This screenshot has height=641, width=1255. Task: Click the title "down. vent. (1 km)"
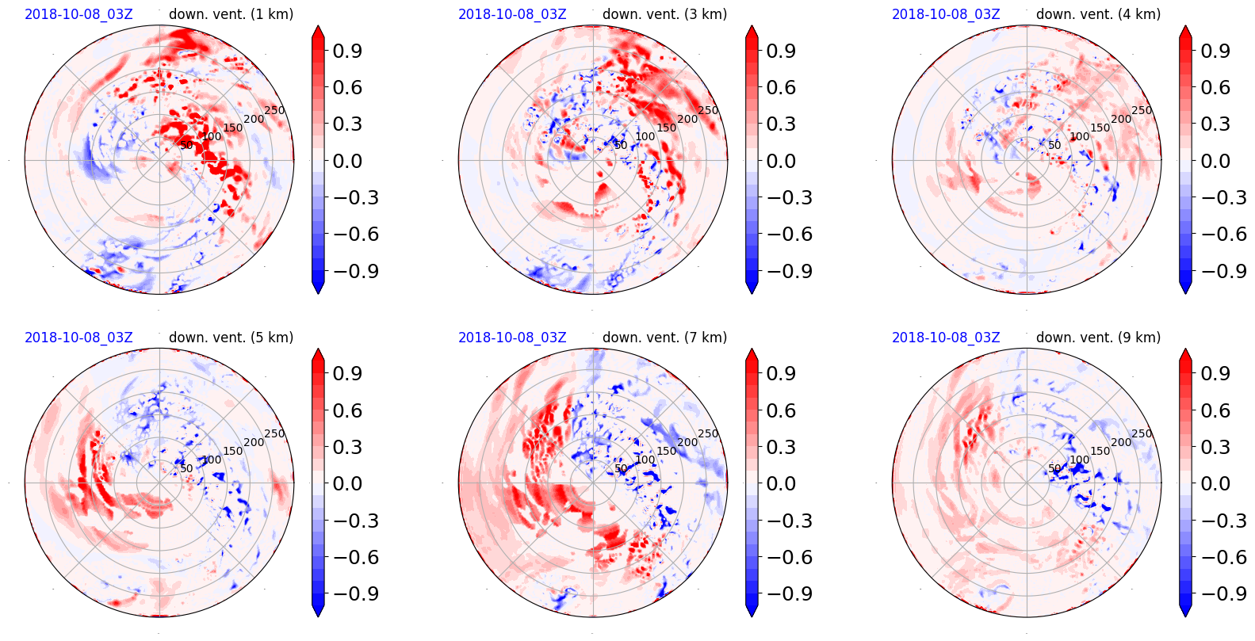click(x=231, y=14)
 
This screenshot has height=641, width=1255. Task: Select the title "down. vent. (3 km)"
click(x=664, y=14)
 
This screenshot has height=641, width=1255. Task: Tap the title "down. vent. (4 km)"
click(x=1098, y=14)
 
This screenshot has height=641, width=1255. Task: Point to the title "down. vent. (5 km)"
click(x=231, y=338)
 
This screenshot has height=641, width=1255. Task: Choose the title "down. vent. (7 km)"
click(x=664, y=338)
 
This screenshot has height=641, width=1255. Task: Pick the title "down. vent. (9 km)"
click(x=1098, y=338)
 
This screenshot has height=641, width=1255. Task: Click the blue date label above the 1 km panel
click(x=78, y=14)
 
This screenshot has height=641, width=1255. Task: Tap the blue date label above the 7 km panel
click(x=512, y=338)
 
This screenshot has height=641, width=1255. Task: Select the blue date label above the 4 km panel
click(x=946, y=14)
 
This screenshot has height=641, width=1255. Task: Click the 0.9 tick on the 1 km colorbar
click(x=347, y=51)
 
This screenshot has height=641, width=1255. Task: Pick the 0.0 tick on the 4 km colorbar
click(x=1215, y=161)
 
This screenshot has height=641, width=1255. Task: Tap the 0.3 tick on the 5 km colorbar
click(x=347, y=447)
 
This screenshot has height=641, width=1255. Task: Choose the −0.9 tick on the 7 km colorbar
click(x=781, y=593)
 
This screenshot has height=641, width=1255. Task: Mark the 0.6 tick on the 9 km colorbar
click(x=1215, y=410)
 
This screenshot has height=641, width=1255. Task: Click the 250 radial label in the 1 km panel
click(x=274, y=110)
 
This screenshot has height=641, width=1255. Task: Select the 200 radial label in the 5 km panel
click(x=254, y=442)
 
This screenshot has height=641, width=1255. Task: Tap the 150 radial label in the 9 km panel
click(x=1100, y=451)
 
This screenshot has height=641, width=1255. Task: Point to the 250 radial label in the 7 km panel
click(x=708, y=433)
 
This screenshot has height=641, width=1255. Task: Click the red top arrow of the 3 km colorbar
click(x=752, y=32)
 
